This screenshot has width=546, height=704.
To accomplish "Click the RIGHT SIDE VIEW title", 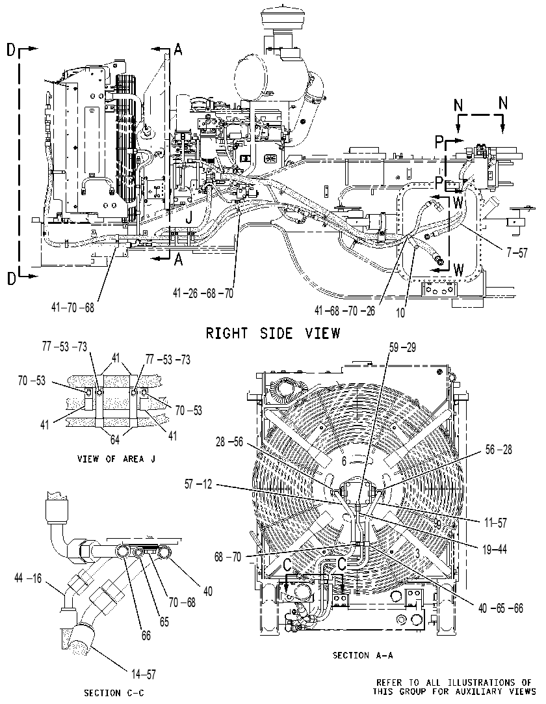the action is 273,333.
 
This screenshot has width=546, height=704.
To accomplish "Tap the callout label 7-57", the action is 517,252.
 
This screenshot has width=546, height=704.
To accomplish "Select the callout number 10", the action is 400,312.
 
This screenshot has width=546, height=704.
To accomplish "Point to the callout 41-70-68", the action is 72,307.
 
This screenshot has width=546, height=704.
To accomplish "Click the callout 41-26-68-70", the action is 203,293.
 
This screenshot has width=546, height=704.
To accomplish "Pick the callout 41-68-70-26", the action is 344,311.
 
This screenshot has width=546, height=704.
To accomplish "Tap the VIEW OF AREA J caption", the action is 116,459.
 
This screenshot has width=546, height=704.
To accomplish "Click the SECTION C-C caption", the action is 114,693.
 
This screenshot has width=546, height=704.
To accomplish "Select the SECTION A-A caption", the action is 363,655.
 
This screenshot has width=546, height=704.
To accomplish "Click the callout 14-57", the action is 144,674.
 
